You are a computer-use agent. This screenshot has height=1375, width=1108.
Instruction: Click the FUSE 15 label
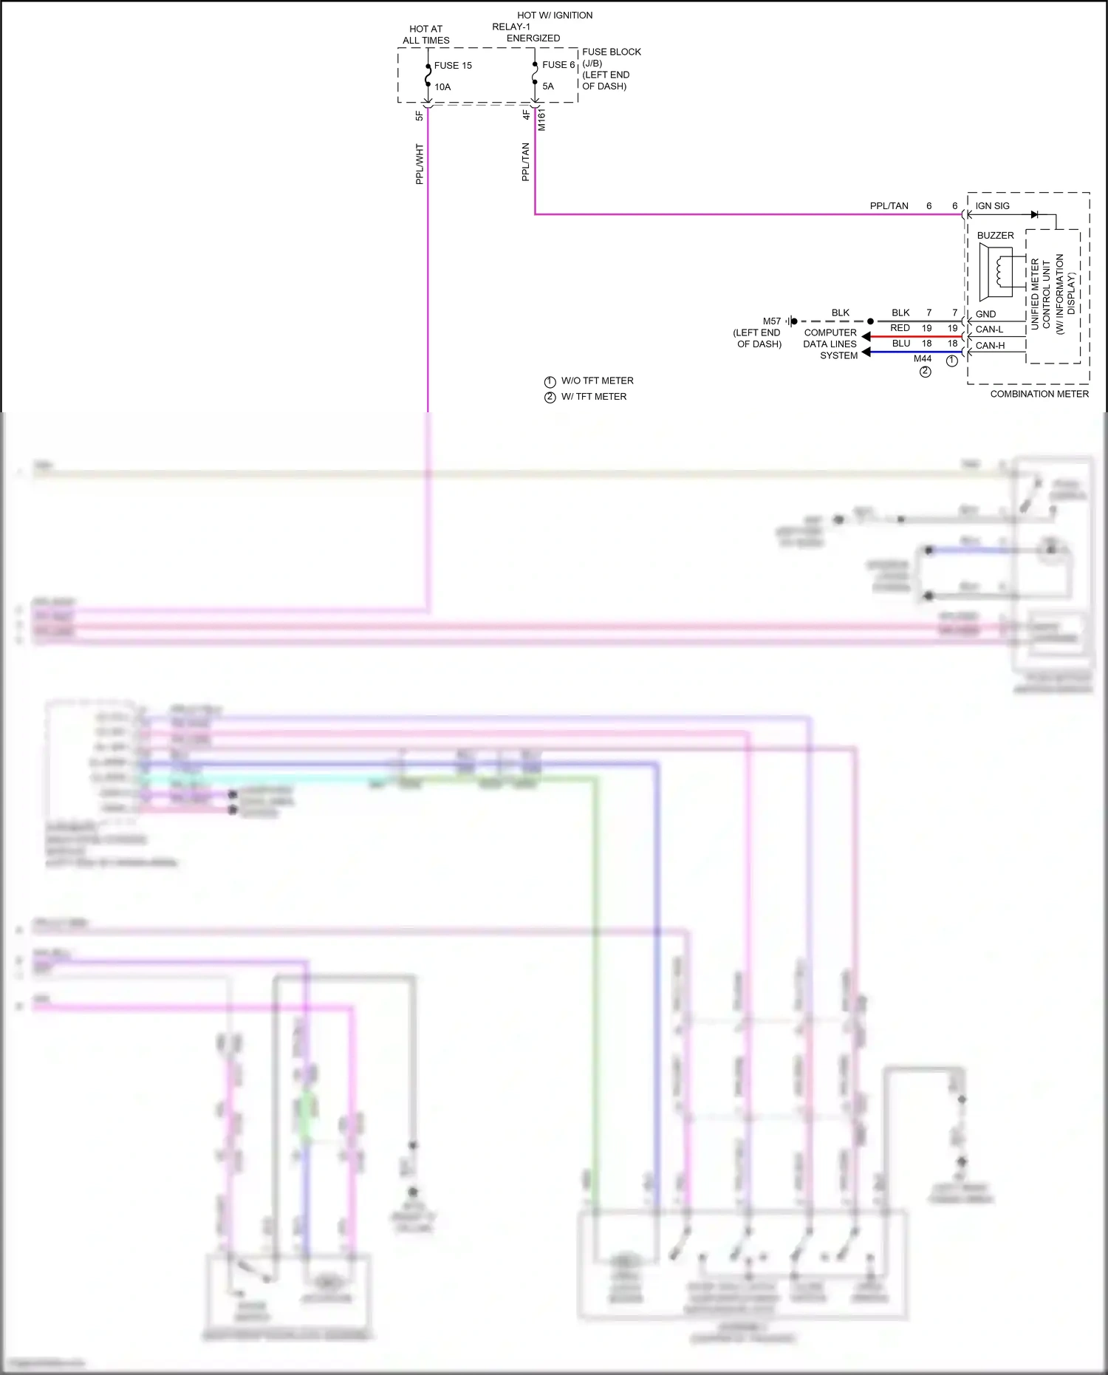(452, 66)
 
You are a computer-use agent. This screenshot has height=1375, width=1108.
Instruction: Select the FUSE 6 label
(558, 65)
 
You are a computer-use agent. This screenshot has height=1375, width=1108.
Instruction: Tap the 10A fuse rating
(442, 87)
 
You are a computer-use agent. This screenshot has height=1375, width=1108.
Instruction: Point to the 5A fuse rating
(548, 86)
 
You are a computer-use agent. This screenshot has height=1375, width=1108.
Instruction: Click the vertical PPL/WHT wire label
(420, 164)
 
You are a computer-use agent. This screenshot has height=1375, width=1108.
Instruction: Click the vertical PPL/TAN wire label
(525, 162)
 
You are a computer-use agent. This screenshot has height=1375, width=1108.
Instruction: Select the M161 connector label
(541, 120)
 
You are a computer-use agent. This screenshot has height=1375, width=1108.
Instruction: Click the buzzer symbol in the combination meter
(997, 272)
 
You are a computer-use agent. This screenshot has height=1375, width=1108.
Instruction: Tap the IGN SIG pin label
(992, 206)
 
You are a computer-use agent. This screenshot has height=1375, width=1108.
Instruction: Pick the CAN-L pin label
(989, 330)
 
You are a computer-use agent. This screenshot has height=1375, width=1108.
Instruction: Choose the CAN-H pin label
(990, 345)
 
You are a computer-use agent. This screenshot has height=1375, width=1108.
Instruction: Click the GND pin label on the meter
(985, 314)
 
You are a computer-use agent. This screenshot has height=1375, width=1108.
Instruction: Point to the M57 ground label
(771, 321)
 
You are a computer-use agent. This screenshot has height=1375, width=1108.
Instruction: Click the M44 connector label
(923, 359)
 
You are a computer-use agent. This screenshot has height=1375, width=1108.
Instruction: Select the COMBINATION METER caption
(1039, 394)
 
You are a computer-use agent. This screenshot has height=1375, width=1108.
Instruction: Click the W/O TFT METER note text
(597, 381)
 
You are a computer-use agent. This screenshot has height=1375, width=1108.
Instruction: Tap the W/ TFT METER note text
(593, 397)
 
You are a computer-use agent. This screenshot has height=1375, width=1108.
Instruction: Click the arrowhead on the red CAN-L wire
(866, 337)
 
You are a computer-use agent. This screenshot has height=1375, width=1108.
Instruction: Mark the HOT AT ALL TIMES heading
(425, 35)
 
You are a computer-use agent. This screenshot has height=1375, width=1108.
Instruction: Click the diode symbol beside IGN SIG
(1034, 214)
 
